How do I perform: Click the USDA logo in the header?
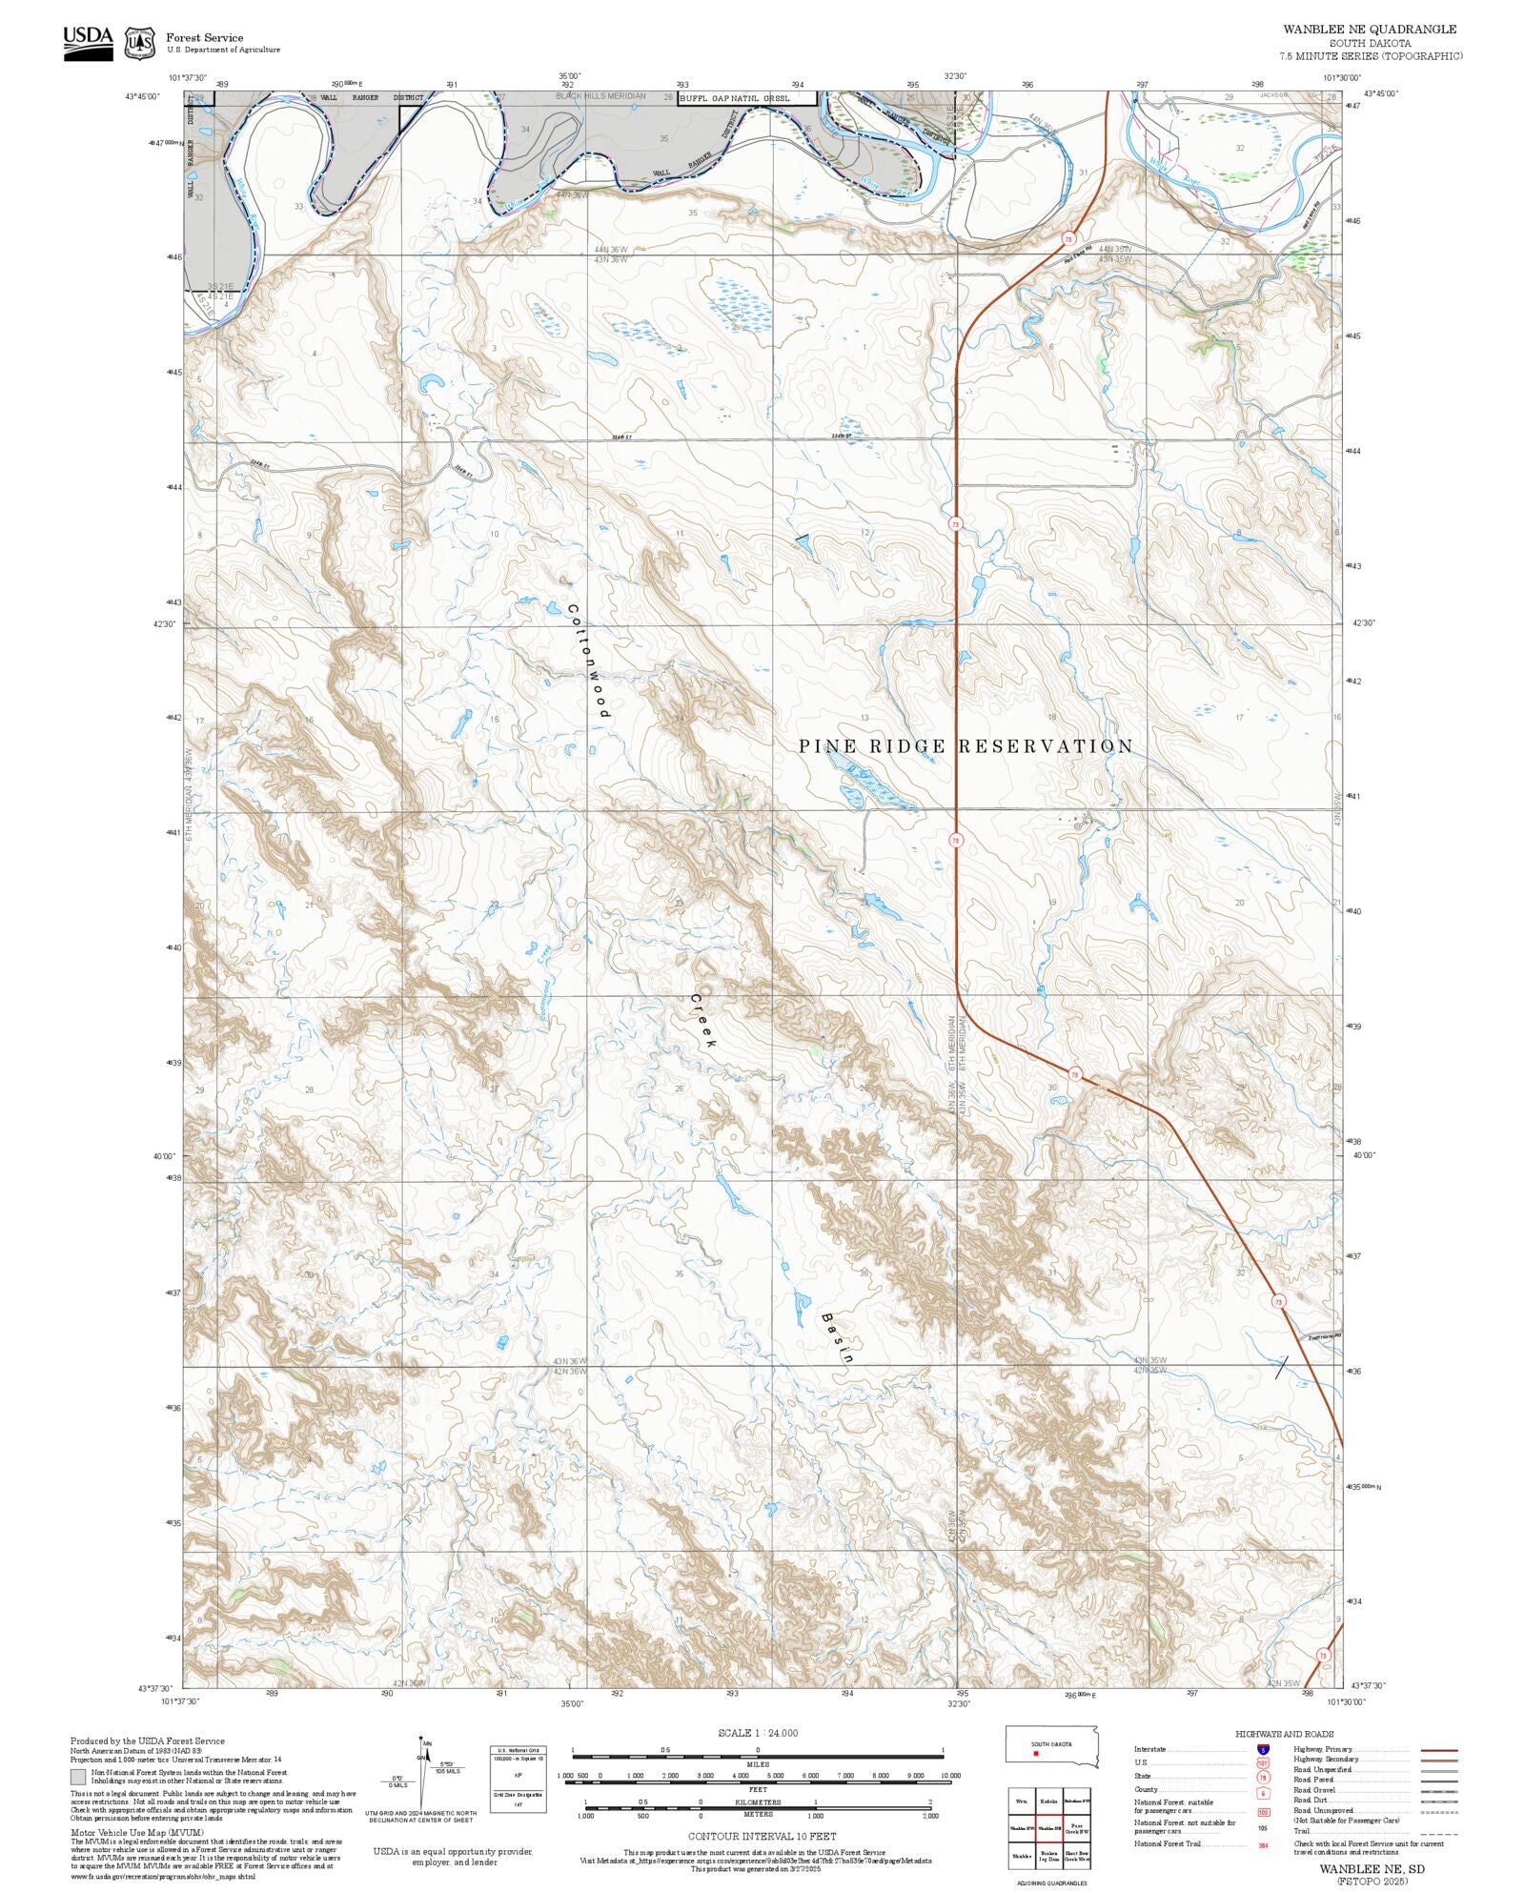pos(88,43)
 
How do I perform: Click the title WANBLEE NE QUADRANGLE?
pos(1370,30)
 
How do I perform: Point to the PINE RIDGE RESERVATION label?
pos(966,746)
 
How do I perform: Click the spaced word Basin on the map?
pos(836,1338)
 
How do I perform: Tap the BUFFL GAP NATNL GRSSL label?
pos(747,97)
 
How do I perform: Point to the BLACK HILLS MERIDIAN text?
pos(600,96)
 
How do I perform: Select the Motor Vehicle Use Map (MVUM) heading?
pos(123,1832)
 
